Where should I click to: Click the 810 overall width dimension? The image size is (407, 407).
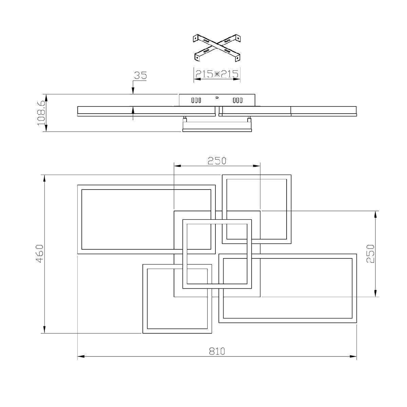point(217,351)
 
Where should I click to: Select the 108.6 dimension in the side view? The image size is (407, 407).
point(40,113)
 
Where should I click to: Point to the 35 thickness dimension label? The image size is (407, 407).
point(140,75)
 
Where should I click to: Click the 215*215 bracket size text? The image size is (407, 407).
point(217,73)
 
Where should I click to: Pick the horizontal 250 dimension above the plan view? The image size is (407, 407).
point(217,160)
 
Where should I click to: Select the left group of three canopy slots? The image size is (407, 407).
point(196,100)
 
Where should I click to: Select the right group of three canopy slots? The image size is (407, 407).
point(237,100)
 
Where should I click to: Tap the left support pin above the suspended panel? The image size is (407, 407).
point(185,119)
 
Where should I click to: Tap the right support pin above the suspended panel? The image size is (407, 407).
point(249,119)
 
